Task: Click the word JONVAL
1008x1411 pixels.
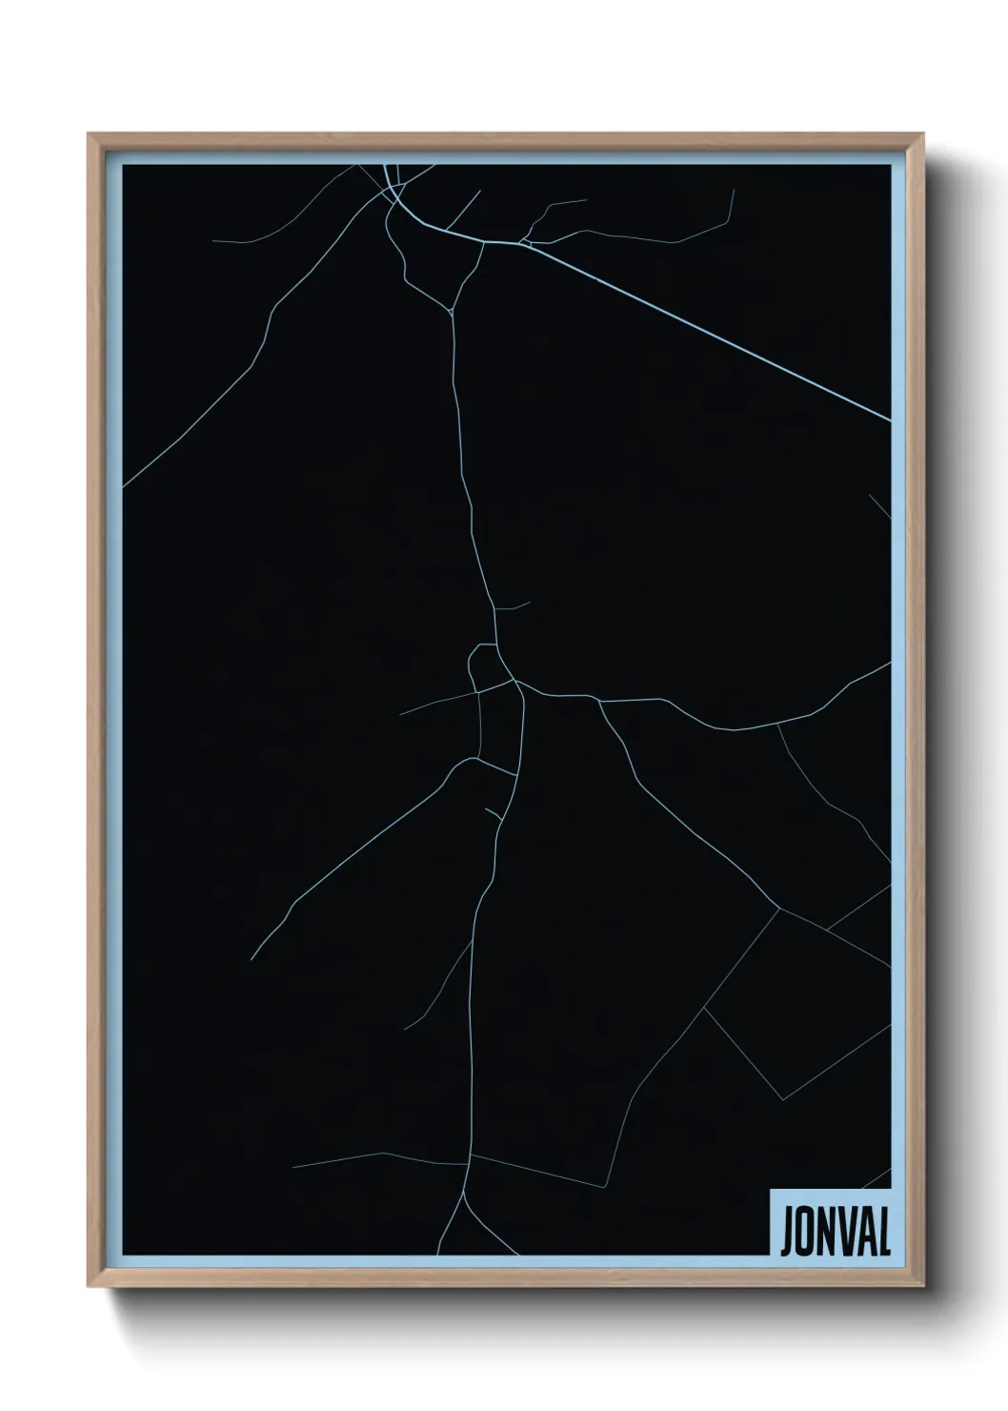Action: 836,1233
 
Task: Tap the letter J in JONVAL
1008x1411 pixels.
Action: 788,1233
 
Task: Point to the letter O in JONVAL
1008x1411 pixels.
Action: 806,1233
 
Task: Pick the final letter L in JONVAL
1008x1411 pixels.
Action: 883,1233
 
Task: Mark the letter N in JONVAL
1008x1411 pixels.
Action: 826,1233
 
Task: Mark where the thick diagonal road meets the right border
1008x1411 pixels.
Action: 889,419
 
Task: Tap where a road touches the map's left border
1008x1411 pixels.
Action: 124,486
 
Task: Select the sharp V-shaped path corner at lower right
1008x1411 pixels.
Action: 783,1098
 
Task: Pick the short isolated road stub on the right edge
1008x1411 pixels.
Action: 880,505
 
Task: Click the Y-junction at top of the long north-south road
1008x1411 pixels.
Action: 452,311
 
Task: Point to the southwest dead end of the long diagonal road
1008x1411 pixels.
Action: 252,958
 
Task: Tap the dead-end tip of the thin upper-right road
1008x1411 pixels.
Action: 734,190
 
